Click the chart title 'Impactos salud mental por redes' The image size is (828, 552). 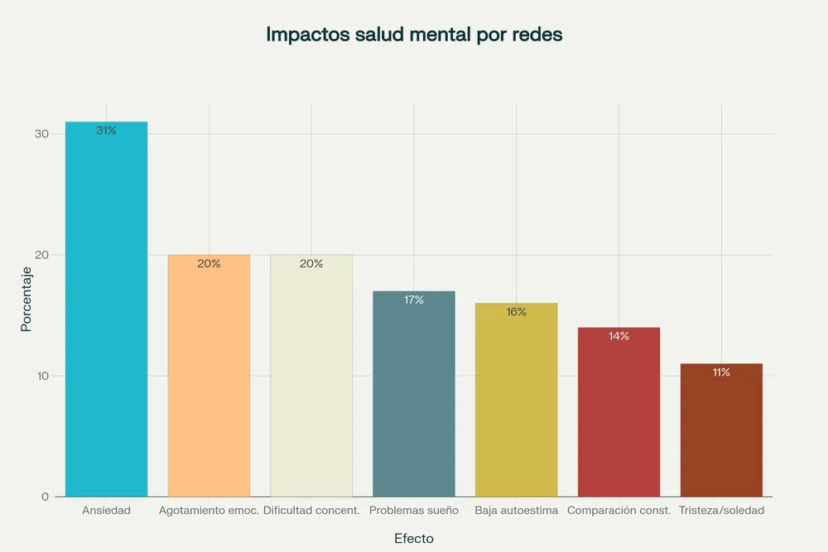click(x=414, y=35)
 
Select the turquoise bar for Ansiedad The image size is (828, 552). click(x=106, y=314)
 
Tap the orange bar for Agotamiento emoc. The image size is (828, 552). click(x=209, y=381)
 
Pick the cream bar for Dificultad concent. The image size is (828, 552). click(x=311, y=381)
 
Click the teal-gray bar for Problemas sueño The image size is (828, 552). click(x=414, y=397)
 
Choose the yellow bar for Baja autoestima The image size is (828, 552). click(x=516, y=401)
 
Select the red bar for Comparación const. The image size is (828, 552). click(x=619, y=414)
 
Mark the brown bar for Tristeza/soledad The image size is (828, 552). click(x=721, y=430)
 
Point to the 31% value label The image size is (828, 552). click(x=106, y=131)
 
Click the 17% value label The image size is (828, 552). click(x=414, y=300)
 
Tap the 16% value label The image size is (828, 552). click(x=516, y=312)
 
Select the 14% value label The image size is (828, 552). click(x=619, y=336)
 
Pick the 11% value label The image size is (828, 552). click(x=721, y=372)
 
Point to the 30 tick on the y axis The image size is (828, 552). click(x=41, y=134)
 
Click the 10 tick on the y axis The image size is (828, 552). click(x=41, y=376)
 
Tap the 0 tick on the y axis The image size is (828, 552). click(x=46, y=497)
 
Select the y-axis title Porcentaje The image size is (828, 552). click(x=26, y=299)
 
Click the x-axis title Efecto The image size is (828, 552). click(x=414, y=538)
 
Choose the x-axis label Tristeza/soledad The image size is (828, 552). click(x=721, y=511)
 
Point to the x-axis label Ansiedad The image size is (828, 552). click(x=106, y=511)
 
